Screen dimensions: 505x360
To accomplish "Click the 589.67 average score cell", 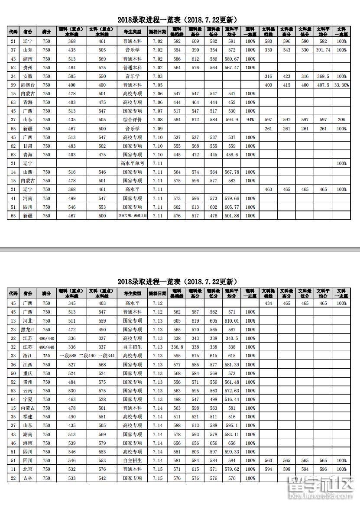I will pyautogui.click(x=231, y=59).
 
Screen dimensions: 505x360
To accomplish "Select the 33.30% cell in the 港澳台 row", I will pyautogui.click(x=341, y=85).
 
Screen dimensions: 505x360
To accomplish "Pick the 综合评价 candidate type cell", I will pyautogui.click(x=133, y=120).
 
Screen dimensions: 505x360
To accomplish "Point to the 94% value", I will pyautogui.click(x=250, y=120).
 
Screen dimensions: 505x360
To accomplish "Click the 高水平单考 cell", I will pyautogui.click(x=133, y=163).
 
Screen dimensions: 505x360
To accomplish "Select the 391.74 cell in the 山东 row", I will pyautogui.click(x=322, y=50).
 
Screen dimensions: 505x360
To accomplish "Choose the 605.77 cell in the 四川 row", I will pyautogui.click(x=231, y=207).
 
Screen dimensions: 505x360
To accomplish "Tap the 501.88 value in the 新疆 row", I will pyautogui.click(x=231, y=216).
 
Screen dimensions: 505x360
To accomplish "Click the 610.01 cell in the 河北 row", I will pyautogui.click(x=231, y=321).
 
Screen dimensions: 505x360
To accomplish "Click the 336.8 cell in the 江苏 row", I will pyautogui.click(x=177, y=347).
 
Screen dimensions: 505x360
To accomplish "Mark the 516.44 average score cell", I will pyautogui.click(x=231, y=399).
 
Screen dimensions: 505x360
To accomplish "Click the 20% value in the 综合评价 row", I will pyautogui.click(x=341, y=120).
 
